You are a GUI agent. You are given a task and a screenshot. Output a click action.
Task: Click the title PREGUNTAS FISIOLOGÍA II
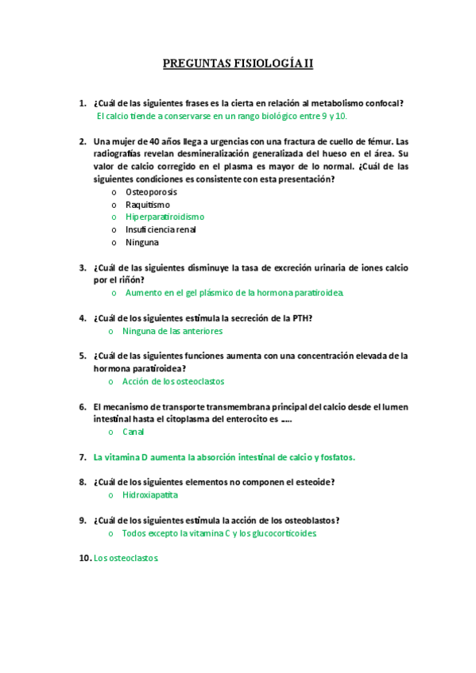[x=238, y=63]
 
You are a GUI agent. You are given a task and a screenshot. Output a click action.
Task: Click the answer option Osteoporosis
[x=151, y=192]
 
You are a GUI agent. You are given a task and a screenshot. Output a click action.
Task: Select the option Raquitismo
[x=148, y=205]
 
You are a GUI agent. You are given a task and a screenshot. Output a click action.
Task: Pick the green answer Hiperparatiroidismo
[x=164, y=217]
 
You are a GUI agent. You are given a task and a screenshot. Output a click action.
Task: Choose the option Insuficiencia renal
[x=161, y=229]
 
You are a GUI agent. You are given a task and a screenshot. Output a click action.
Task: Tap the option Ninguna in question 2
[x=142, y=242]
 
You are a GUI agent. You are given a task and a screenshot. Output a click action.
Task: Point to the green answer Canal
[x=134, y=432]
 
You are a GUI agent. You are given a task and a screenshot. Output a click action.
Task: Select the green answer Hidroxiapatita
[x=150, y=494]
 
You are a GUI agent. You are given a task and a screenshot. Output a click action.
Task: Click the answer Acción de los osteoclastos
[x=173, y=381]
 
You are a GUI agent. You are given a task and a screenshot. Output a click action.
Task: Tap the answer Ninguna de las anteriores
[x=172, y=331]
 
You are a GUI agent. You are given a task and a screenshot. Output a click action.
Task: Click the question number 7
[x=83, y=457]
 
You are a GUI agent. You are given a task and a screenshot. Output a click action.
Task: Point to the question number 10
[x=84, y=558]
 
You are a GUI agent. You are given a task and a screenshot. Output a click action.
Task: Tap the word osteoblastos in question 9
[x=306, y=521]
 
